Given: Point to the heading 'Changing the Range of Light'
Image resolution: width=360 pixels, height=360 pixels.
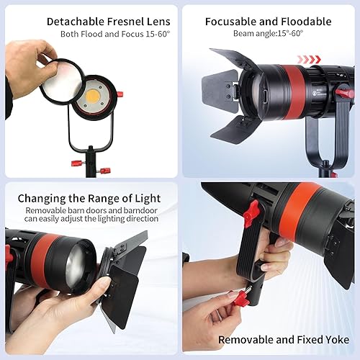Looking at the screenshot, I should (89, 198).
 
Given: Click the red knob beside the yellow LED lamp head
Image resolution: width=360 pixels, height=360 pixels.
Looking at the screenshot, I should (120, 94).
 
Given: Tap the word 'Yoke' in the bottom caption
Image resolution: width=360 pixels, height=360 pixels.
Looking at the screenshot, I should (334, 341).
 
